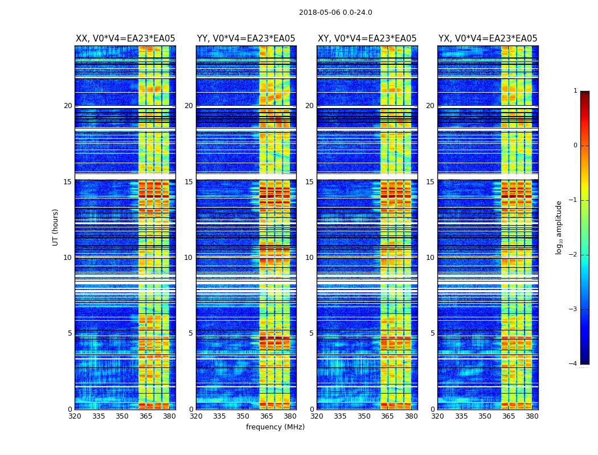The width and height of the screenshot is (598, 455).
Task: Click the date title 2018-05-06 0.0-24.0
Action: (335, 13)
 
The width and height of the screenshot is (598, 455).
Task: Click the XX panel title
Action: (125, 39)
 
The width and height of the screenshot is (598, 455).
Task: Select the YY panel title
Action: (246, 39)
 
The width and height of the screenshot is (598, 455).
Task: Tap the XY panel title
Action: (367, 39)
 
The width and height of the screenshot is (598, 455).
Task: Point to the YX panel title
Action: (488, 39)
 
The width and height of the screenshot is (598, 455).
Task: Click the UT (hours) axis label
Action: (56, 227)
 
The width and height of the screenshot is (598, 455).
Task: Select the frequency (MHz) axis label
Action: (275, 427)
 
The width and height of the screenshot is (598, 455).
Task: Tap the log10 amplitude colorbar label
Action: (559, 227)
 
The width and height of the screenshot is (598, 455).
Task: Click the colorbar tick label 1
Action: (575, 91)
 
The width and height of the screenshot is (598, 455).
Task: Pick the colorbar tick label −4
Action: (574, 364)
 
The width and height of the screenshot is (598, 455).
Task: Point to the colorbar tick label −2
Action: (574, 255)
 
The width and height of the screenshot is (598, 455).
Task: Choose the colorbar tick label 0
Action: (575, 146)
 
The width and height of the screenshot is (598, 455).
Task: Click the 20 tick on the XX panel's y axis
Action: (68, 106)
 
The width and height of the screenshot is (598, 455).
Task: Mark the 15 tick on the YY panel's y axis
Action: (189, 182)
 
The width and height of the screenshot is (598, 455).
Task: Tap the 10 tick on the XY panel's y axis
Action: (309, 258)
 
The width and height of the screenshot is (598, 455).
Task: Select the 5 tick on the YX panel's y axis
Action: (432, 333)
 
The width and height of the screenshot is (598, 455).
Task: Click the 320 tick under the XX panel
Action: (75, 416)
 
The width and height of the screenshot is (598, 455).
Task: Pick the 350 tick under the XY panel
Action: (364, 416)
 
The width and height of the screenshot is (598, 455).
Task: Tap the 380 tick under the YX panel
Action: (532, 416)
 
